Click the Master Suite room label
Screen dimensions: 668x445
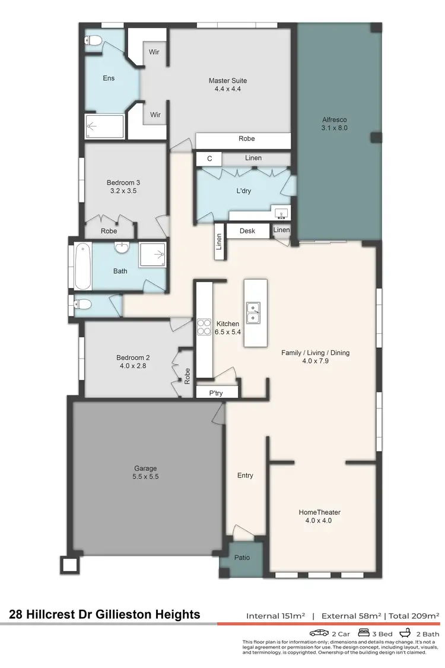pos(227,81)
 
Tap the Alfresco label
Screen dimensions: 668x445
pos(334,119)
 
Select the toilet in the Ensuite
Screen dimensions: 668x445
pos(93,41)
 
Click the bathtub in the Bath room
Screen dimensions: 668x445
pos(81,267)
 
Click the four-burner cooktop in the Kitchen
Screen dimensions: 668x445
pos(204,327)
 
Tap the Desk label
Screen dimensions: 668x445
pos(247,230)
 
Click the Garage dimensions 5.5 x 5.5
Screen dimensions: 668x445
pos(145,476)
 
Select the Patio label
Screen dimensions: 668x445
pos(242,558)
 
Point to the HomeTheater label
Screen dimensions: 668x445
pos(319,512)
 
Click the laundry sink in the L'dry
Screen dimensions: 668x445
pos(281,213)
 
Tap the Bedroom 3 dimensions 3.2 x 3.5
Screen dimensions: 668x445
pos(123,191)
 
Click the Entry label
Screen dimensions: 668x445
pos(245,475)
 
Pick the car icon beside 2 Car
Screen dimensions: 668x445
pos(319,633)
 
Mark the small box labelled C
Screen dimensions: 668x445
pos(209,159)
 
